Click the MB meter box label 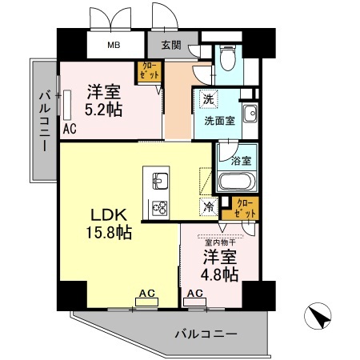pyautogui.click(x=115, y=45)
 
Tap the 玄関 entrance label pyautogui.click(x=170, y=45)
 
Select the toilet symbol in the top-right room pyautogui.click(x=227, y=58)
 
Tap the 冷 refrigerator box pyautogui.click(x=208, y=206)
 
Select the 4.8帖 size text pyautogui.click(x=218, y=275)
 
